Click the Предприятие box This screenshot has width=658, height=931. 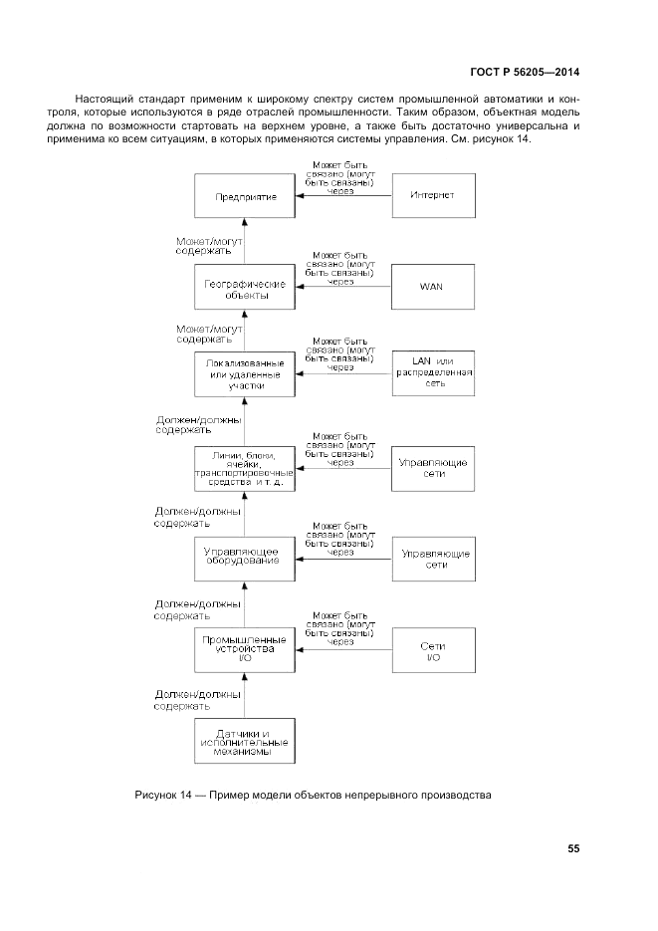pos(244,196)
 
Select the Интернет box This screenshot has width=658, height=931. pos(432,196)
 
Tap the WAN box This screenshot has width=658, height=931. pos(432,287)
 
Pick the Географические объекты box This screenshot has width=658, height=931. pos(244,288)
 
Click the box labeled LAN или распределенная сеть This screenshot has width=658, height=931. pos(432,372)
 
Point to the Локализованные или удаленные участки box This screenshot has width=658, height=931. pos(244,373)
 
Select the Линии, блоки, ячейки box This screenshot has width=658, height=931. pos(244,468)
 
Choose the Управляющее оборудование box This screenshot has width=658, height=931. pos(244,558)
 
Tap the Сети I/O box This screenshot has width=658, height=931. pos(432,650)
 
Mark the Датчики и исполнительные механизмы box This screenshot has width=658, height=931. pos(244,741)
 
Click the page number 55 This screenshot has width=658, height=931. pos(573,848)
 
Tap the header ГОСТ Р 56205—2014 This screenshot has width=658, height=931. pos(525,72)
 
